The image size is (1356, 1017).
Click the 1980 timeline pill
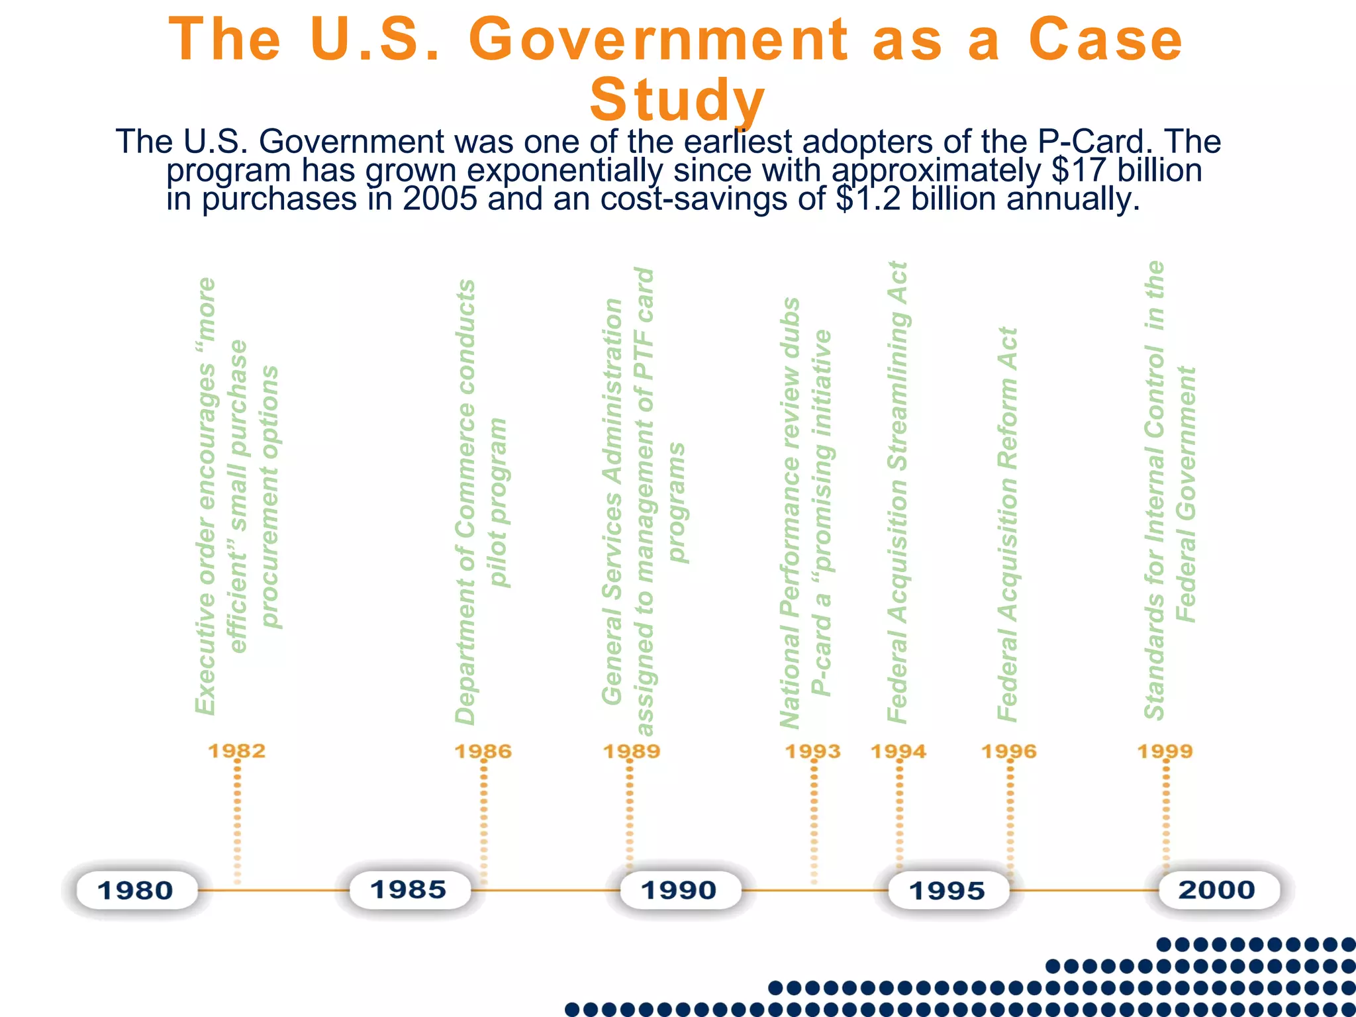(136, 891)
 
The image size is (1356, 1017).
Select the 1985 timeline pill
(409, 890)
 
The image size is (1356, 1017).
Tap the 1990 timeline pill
(679, 891)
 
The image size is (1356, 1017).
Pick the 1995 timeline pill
(947, 891)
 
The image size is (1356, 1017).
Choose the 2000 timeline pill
(1217, 890)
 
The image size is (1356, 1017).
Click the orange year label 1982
(237, 751)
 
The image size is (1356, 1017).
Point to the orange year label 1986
(483, 751)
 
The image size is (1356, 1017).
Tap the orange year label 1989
(632, 751)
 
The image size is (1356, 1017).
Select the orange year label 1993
(813, 751)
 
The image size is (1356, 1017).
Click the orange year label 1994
(898, 751)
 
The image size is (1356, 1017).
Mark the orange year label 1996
(1009, 751)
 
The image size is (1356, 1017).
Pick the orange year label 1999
(1165, 751)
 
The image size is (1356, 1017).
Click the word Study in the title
(677, 100)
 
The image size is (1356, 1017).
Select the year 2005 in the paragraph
(440, 199)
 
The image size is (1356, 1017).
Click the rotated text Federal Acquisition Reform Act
(1008, 524)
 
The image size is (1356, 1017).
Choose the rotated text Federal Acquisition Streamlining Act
(898, 491)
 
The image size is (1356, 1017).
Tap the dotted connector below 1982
(238, 821)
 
